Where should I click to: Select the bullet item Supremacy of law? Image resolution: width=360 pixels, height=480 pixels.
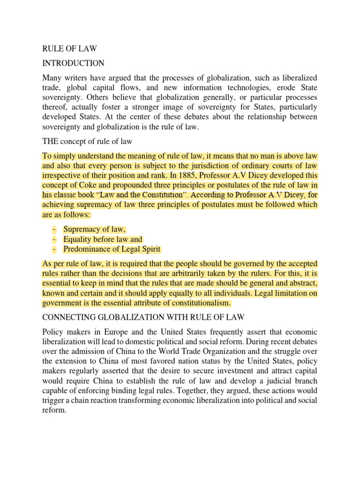pyautogui.click(x=95, y=229)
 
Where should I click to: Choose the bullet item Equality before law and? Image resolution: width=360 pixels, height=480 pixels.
pyautogui.click(x=103, y=239)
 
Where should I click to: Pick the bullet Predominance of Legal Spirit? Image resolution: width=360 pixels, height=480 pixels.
pyautogui.click(x=115, y=249)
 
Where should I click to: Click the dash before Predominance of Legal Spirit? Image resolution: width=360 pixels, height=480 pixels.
pyautogui.click(x=55, y=249)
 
